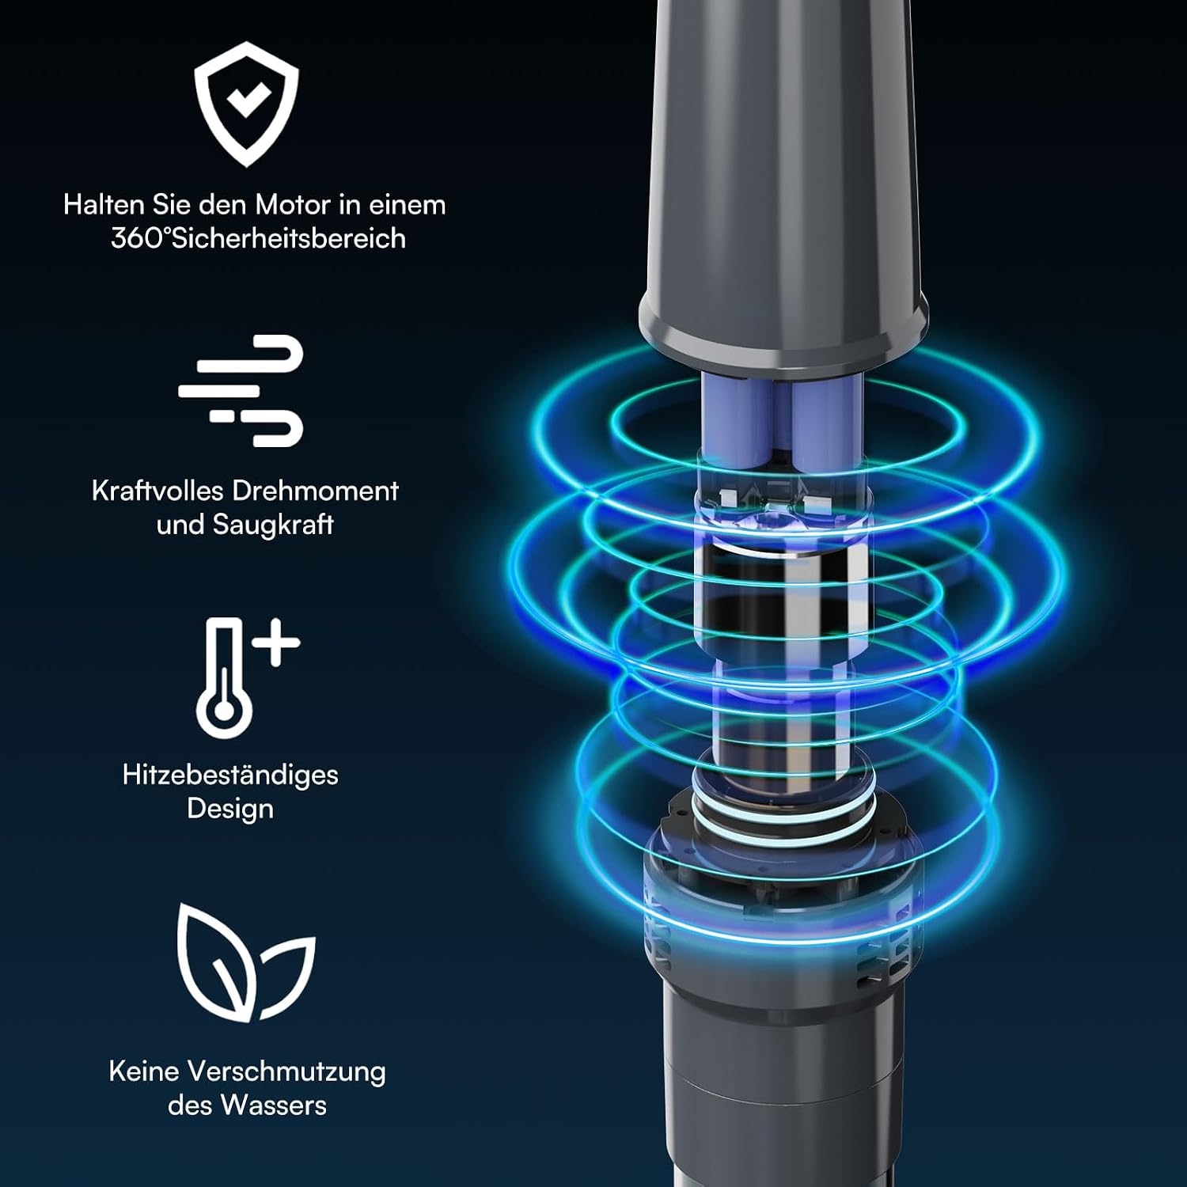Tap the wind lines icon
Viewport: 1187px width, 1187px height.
(x=241, y=390)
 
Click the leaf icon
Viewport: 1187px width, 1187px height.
(x=246, y=962)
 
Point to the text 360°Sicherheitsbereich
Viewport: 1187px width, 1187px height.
(x=258, y=238)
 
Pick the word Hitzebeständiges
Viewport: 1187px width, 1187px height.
(x=230, y=775)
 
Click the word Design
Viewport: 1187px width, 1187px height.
(x=230, y=809)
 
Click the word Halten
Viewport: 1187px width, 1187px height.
(x=103, y=205)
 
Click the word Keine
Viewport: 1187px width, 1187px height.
(x=143, y=1071)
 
